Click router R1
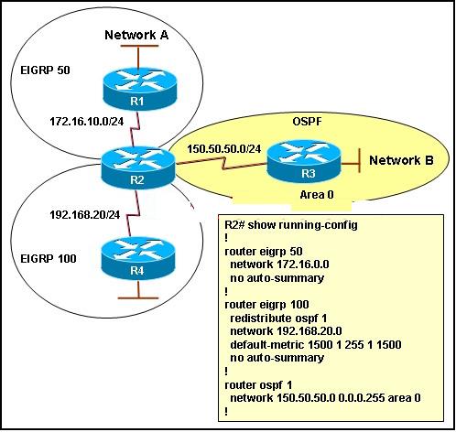(x=140, y=89)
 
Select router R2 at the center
(x=138, y=167)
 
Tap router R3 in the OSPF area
(x=304, y=161)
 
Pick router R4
(x=138, y=258)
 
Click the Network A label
(x=136, y=35)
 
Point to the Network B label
(x=401, y=160)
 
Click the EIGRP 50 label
(x=45, y=70)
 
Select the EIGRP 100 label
(x=49, y=259)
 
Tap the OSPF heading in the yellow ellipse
(x=307, y=122)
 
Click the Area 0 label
(x=317, y=195)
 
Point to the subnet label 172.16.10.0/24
(x=87, y=122)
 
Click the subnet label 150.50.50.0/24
(x=224, y=149)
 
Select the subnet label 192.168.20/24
(x=85, y=215)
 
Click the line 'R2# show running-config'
(x=291, y=225)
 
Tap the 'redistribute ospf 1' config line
(x=278, y=319)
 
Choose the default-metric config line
(x=316, y=345)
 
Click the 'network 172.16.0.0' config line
(x=279, y=265)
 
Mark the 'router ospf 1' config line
(x=258, y=385)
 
